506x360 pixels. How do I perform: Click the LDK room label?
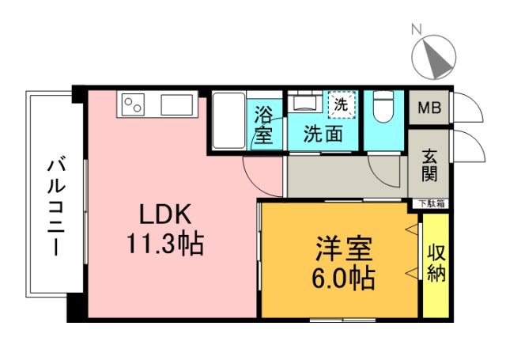tap(164, 214)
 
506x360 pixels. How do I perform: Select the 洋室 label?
tap(342, 248)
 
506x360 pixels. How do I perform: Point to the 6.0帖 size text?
tap(342, 278)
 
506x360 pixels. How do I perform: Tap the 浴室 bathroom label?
tap(263, 125)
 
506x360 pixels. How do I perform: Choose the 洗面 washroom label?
tap(325, 134)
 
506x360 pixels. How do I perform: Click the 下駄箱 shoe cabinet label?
tap(431, 203)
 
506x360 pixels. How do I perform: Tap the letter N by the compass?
tap(416, 30)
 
